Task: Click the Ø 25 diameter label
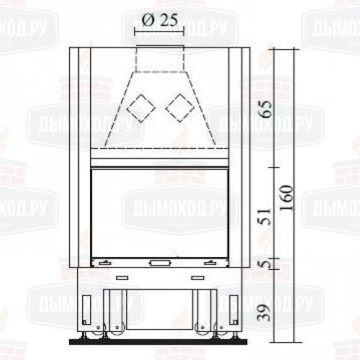click(x=160, y=19)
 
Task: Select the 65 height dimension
click(x=266, y=109)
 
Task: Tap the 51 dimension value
click(x=266, y=217)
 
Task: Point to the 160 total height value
click(x=287, y=197)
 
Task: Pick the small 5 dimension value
click(x=266, y=264)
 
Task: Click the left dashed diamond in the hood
click(x=141, y=109)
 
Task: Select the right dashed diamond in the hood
click(x=179, y=108)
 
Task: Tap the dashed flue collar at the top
click(x=160, y=59)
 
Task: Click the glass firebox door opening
click(x=159, y=213)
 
